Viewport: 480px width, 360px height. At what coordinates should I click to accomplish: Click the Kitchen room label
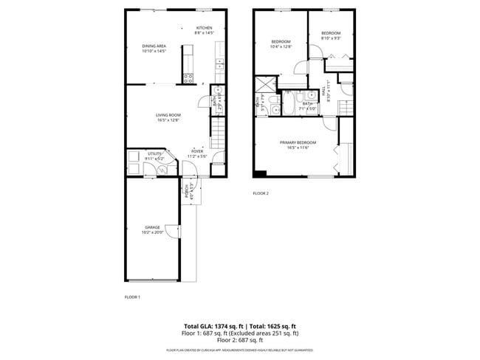pos(204,28)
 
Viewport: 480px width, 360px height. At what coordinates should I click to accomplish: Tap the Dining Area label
pos(154,46)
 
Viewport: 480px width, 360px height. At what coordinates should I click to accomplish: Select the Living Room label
pos(168,115)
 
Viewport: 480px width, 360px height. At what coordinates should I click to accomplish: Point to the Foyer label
pos(197,152)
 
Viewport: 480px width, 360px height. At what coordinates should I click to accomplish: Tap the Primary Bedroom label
pos(298,142)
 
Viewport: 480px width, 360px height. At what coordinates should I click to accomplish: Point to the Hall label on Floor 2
pos(326,91)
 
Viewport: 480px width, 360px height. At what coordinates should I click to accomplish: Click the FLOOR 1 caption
pos(132,297)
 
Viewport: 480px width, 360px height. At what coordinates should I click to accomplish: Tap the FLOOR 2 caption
pos(261,193)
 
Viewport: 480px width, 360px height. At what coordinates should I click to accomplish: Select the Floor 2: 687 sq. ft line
pos(240,341)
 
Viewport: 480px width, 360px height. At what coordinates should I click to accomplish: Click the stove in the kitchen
pos(188,76)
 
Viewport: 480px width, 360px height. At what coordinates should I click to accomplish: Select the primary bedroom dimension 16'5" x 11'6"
pos(298,147)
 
